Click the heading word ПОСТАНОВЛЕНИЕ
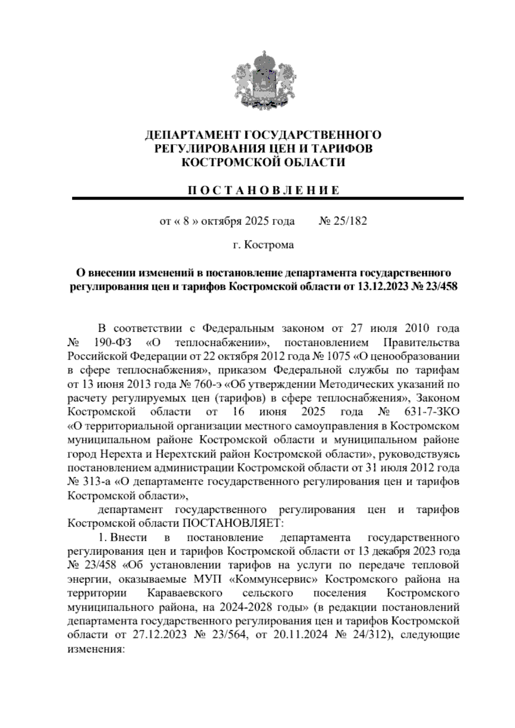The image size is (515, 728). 264,190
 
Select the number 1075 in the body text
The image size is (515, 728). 340,356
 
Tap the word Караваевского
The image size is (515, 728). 185,593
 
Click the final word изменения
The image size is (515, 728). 96,649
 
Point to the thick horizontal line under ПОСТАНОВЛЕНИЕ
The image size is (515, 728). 268,198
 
